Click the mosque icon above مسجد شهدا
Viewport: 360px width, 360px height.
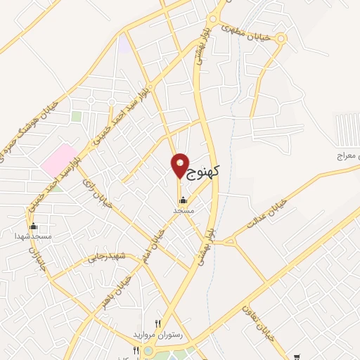[x=33, y=226]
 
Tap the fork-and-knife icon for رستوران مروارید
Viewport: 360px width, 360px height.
[x=158, y=324]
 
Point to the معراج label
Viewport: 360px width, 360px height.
[x=346, y=154]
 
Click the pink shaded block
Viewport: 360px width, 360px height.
[x=58, y=160]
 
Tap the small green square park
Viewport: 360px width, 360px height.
[x=76, y=116]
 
